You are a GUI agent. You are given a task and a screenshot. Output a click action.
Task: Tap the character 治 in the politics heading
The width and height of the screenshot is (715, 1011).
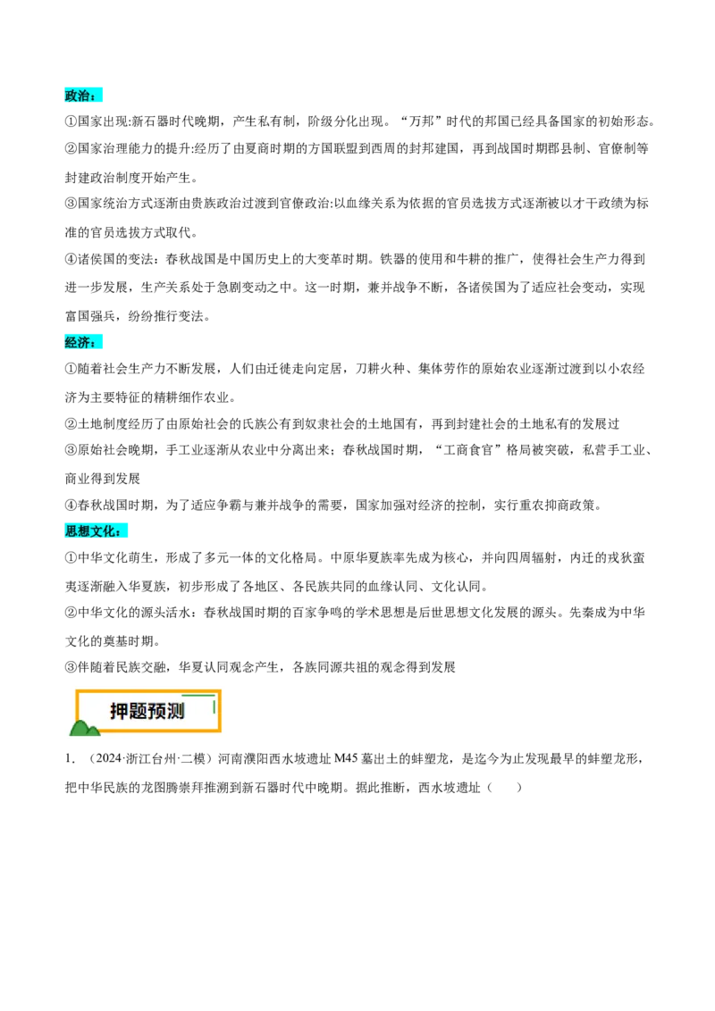(85, 96)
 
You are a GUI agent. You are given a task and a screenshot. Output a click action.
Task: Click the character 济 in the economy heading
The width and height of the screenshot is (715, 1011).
(85, 342)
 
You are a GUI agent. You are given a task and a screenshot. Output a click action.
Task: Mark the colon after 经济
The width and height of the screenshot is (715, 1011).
(96, 344)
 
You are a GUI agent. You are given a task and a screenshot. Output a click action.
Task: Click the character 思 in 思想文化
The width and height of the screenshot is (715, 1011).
(71, 532)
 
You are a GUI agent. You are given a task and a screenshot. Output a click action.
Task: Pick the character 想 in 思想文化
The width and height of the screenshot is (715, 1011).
(85, 532)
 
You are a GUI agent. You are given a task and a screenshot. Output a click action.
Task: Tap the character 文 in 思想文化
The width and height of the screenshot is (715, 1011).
(97, 532)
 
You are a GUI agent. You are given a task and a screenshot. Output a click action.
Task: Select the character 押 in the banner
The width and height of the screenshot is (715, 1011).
(119, 712)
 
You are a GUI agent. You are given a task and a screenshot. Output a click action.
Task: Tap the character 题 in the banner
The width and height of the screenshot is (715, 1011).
(138, 712)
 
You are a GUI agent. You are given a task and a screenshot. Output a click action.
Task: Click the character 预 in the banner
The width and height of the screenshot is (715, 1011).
(156, 712)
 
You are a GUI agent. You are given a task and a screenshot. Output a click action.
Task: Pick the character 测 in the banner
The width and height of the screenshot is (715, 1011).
(175, 712)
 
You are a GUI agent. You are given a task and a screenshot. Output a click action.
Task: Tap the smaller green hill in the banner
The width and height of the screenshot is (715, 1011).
(93, 732)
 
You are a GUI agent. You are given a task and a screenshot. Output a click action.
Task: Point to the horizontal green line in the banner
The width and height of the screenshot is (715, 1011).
(198, 694)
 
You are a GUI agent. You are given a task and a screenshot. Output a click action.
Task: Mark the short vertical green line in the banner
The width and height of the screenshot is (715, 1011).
(214, 706)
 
